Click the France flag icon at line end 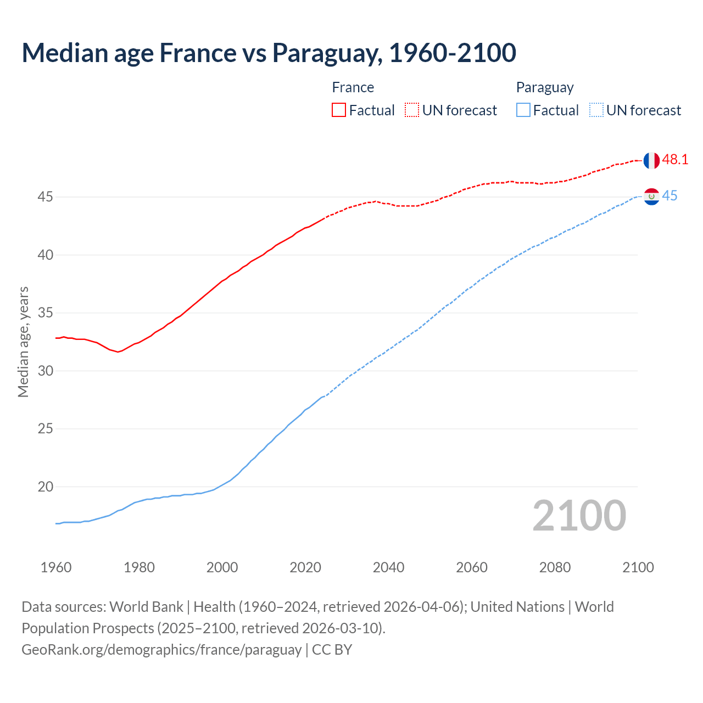651,160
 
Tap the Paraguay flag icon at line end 651,196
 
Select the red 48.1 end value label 675,160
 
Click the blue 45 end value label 669,196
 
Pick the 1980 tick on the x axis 139,567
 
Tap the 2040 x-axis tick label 388,567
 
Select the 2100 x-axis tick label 638,567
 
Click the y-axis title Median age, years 23,342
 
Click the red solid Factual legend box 339,110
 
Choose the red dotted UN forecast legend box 412,110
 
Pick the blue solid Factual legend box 523,110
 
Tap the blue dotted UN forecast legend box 596,110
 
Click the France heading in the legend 353,87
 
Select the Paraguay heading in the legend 544,88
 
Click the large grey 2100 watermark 579,515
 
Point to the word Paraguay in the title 327,53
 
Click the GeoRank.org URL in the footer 161,650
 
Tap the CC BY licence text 332,650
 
